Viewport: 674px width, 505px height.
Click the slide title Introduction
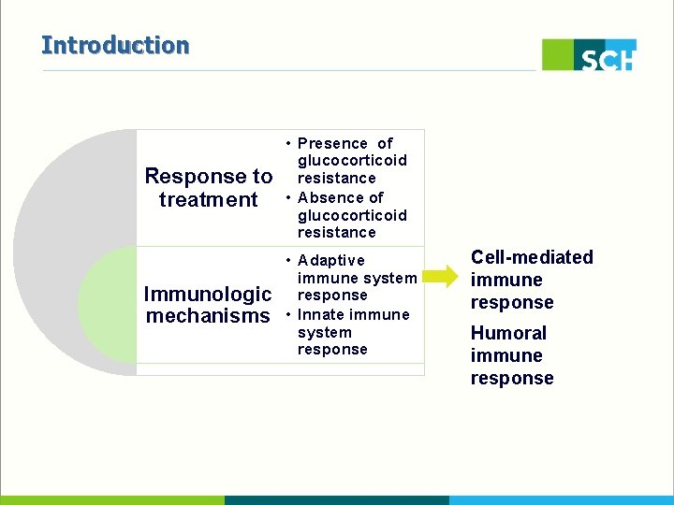pyautogui.click(x=115, y=45)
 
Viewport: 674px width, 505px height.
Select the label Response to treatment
pyautogui.click(x=208, y=188)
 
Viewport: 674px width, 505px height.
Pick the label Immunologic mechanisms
pyautogui.click(x=208, y=305)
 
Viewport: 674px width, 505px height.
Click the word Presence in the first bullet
pyautogui.click(x=332, y=143)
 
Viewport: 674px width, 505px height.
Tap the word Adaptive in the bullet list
pyautogui.click(x=330, y=260)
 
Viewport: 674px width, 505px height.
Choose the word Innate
pyautogui.click(x=321, y=314)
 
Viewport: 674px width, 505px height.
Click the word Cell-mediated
pyautogui.click(x=532, y=257)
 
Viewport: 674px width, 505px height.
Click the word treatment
pyautogui.click(x=208, y=199)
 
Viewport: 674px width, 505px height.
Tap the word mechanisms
pyautogui.click(x=208, y=315)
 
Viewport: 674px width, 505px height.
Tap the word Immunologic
pyautogui.click(x=208, y=295)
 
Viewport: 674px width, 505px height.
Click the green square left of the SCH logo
pyautogui.click(x=558, y=54)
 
